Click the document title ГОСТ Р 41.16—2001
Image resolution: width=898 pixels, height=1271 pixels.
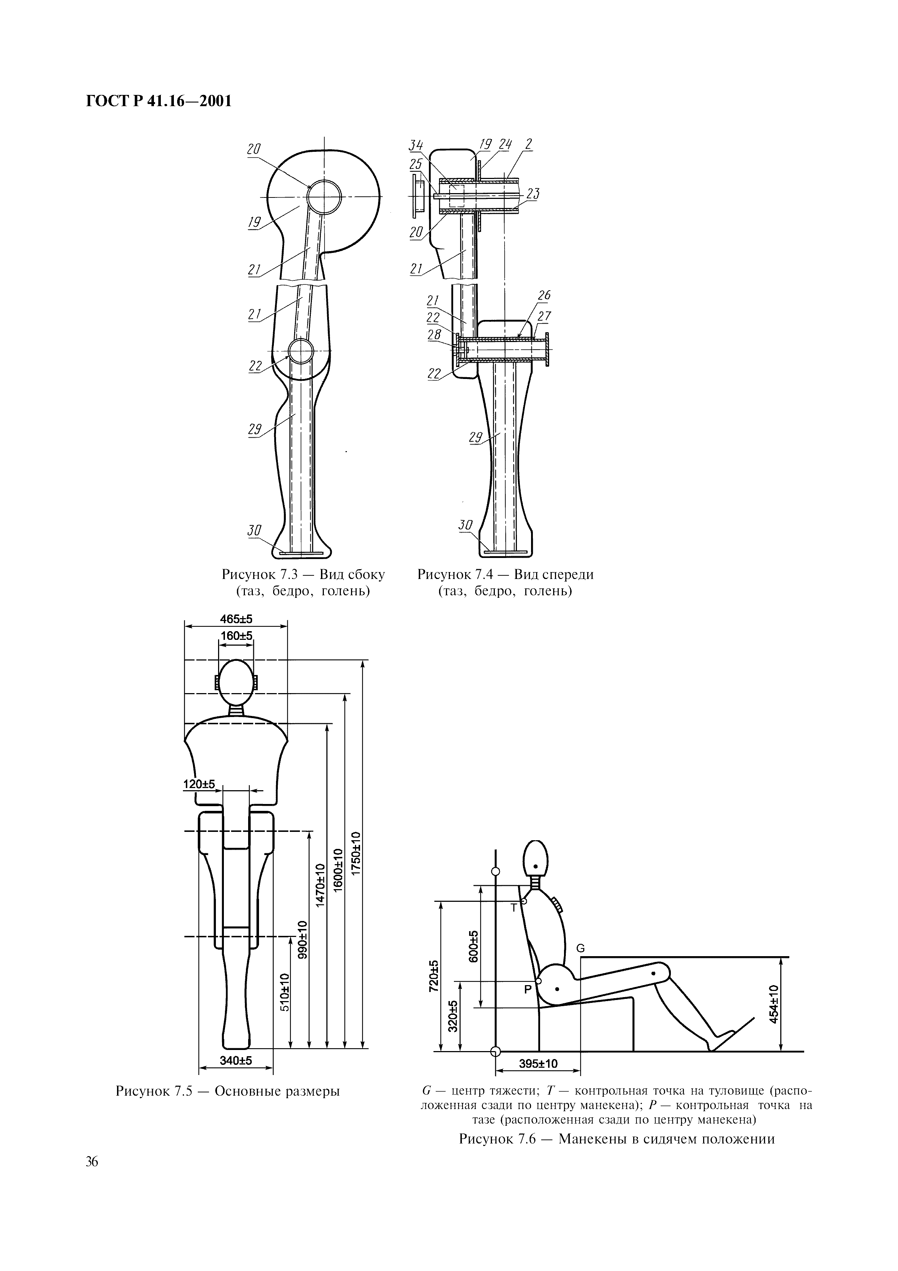158,101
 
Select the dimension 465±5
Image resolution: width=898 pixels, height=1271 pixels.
236,619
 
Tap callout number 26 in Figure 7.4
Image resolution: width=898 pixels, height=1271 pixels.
544,296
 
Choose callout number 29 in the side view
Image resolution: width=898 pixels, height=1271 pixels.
255,430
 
